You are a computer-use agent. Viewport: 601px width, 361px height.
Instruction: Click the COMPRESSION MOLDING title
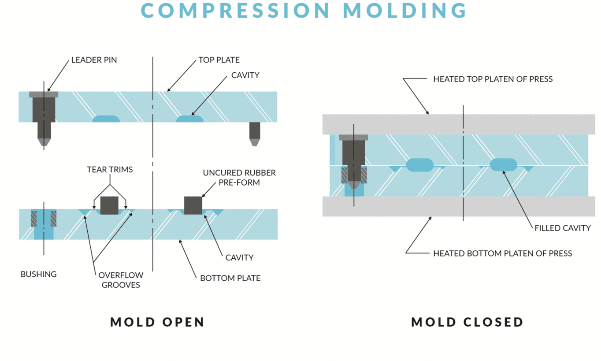click(304, 11)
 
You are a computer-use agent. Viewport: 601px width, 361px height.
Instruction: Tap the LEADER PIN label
click(94, 60)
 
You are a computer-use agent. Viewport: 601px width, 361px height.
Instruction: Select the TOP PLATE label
click(219, 60)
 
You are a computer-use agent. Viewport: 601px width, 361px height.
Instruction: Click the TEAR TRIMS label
click(110, 170)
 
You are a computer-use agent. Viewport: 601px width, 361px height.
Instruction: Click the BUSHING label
click(39, 274)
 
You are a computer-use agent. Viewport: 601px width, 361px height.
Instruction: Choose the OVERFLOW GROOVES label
click(121, 280)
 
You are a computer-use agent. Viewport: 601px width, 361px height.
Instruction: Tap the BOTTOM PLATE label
click(230, 278)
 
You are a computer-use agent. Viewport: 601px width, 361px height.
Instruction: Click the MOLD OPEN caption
click(157, 322)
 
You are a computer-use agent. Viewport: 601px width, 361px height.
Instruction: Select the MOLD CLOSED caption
click(467, 322)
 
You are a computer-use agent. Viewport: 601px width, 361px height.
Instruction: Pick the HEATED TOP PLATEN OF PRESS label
click(493, 79)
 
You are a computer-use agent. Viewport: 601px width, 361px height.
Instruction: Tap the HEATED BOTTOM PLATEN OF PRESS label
click(502, 253)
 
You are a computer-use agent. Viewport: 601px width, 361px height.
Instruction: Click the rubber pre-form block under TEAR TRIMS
click(109, 205)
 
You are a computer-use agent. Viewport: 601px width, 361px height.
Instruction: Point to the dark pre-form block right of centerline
click(193, 205)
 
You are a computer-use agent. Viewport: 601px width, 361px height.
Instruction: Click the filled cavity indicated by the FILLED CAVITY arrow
click(504, 165)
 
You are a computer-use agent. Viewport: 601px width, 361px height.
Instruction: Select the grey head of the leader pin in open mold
click(44, 94)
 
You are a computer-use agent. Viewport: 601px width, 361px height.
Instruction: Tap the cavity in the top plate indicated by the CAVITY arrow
click(190, 119)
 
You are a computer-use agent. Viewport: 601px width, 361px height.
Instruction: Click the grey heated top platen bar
click(458, 124)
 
